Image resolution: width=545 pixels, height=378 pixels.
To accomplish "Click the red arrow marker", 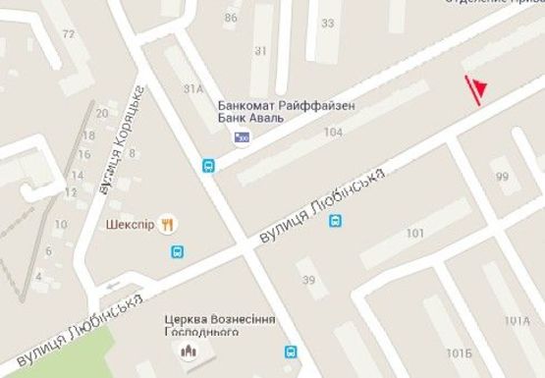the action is coord(476,89).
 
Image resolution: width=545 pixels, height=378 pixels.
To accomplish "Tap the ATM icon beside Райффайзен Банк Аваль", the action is coord(241,138).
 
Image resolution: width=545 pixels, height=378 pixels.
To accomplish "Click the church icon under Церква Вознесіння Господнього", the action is coord(186,351).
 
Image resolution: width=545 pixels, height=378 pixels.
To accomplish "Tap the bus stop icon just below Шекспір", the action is coord(177,252).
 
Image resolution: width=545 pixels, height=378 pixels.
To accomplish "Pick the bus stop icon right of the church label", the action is coord(291,351).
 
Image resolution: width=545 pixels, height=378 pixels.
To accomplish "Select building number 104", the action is coord(332,132).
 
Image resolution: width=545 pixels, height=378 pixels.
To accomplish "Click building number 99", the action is coord(503,177).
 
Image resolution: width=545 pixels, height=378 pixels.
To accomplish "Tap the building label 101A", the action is coord(517,321).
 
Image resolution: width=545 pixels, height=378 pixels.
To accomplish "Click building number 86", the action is coord(231,18).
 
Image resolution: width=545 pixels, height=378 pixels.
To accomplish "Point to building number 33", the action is coord(327,24).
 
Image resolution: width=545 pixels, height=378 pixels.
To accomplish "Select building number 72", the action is coord(68,34).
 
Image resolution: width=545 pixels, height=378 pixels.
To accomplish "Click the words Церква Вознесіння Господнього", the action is coord(221,327).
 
